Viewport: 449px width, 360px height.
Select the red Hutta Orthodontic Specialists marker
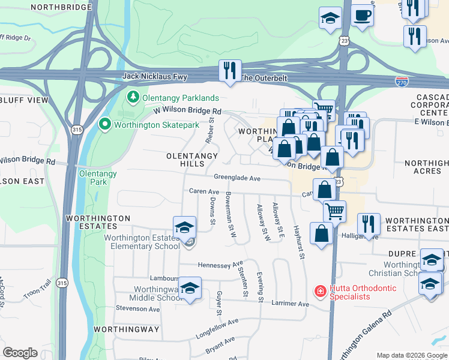[321, 291]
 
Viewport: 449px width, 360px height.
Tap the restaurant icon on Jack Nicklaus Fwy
[230, 71]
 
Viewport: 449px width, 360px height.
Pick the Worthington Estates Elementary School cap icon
[184, 227]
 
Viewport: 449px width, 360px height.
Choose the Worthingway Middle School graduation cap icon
[190, 289]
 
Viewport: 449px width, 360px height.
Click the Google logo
[20, 353]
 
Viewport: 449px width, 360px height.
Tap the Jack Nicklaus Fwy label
[155, 77]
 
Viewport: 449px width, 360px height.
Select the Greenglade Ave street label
[237, 178]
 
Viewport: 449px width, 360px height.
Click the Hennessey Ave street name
[220, 264]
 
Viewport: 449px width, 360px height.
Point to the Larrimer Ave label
[291, 304]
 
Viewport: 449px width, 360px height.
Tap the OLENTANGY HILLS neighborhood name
[192, 160]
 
